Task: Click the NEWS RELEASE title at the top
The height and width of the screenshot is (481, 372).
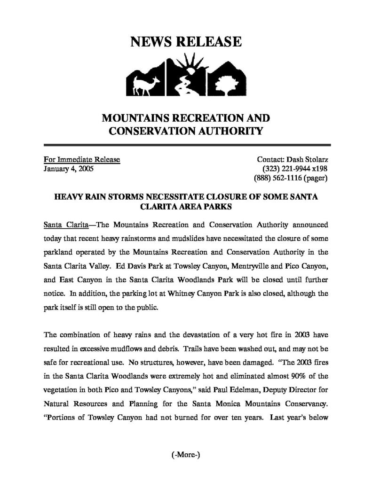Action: (x=185, y=42)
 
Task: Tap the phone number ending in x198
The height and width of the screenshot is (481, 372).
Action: (x=295, y=169)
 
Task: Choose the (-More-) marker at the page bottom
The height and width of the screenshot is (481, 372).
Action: (x=185, y=455)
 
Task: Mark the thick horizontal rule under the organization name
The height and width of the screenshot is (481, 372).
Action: (x=185, y=146)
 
